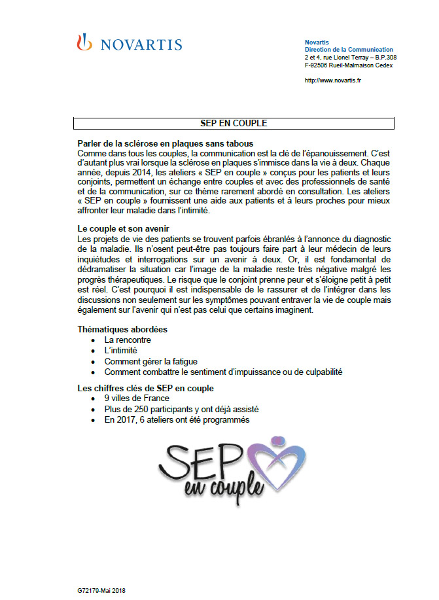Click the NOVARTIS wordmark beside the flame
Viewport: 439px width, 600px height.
pos(139,44)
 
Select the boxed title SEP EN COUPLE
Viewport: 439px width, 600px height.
pos(234,122)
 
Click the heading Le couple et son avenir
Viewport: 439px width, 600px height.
pos(124,229)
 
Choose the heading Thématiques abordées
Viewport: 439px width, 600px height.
pos(122,329)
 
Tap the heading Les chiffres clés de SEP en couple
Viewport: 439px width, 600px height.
pos(145,388)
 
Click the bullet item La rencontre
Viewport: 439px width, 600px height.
pos(128,340)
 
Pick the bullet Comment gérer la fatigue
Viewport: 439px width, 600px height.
pos(150,361)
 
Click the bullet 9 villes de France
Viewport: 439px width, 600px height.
pos(137,398)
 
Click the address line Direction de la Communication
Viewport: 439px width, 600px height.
pos(349,50)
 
